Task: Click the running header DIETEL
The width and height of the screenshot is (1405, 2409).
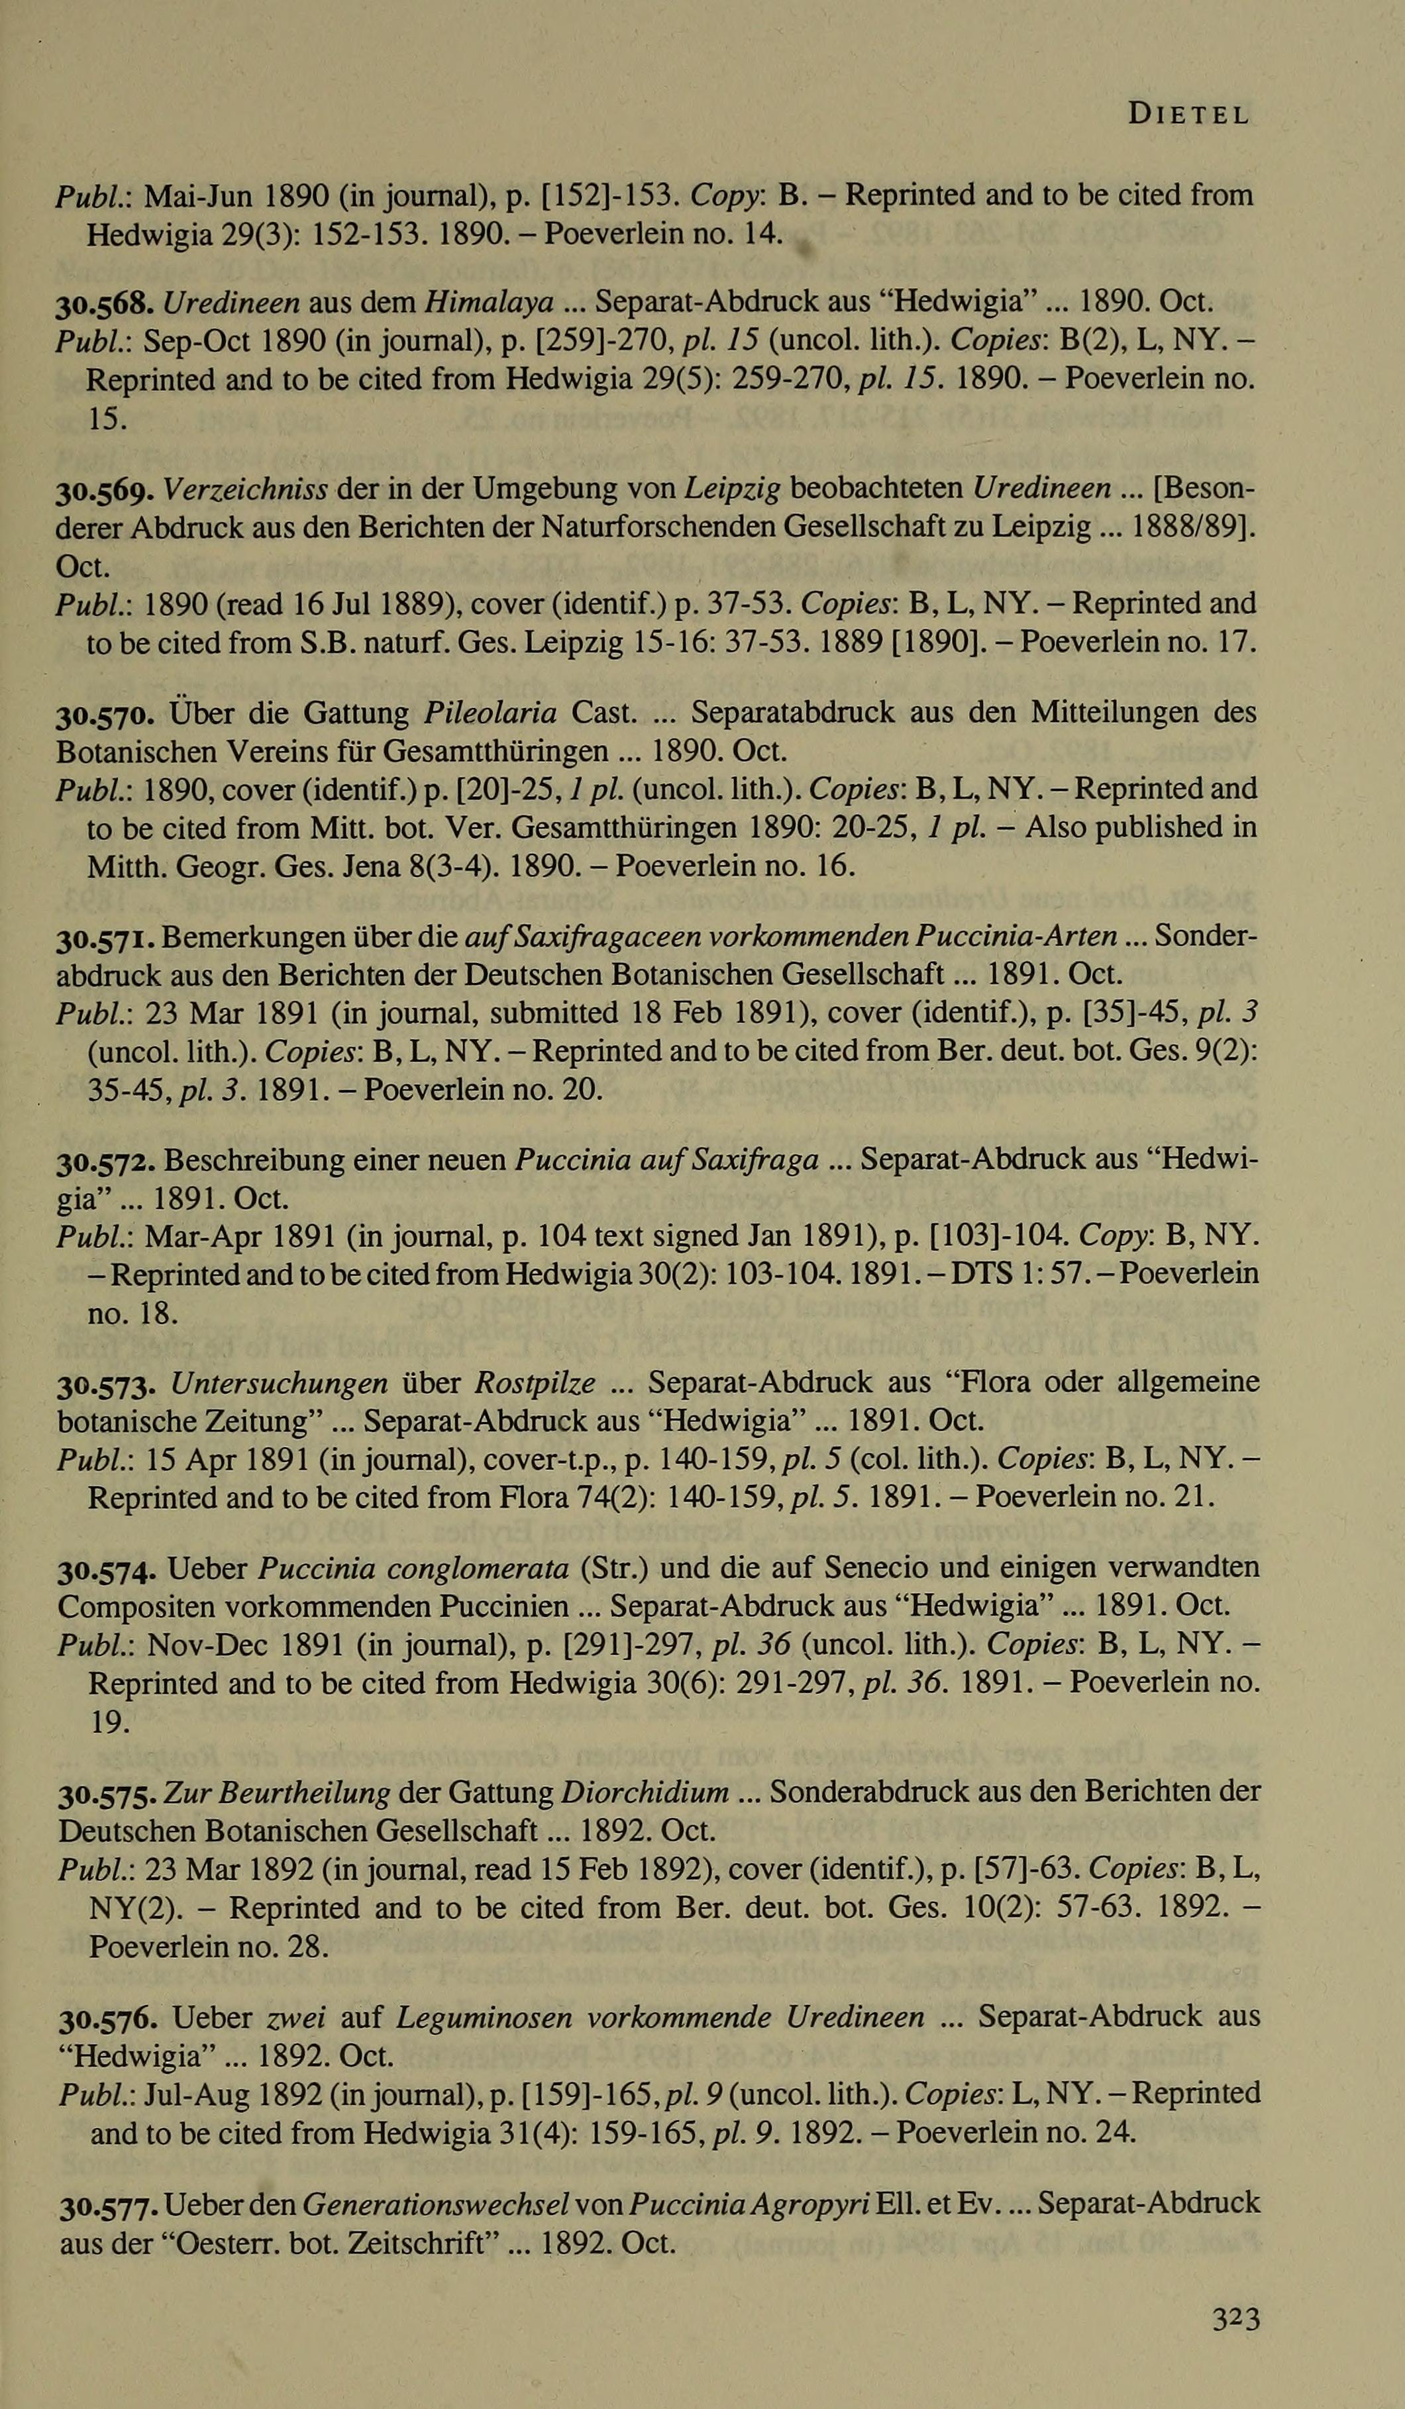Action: click(x=1188, y=116)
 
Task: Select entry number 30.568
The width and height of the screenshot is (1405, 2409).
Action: click(x=107, y=304)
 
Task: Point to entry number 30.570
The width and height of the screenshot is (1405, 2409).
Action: click(x=107, y=714)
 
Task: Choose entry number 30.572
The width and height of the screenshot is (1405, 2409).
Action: click(x=107, y=1162)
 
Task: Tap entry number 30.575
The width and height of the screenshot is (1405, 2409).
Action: click(x=108, y=1794)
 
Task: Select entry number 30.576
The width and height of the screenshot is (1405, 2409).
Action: click(x=108, y=2018)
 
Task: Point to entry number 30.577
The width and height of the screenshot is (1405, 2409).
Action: click(x=108, y=2204)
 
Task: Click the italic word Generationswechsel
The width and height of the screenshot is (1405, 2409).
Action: click(x=437, y=2204)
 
